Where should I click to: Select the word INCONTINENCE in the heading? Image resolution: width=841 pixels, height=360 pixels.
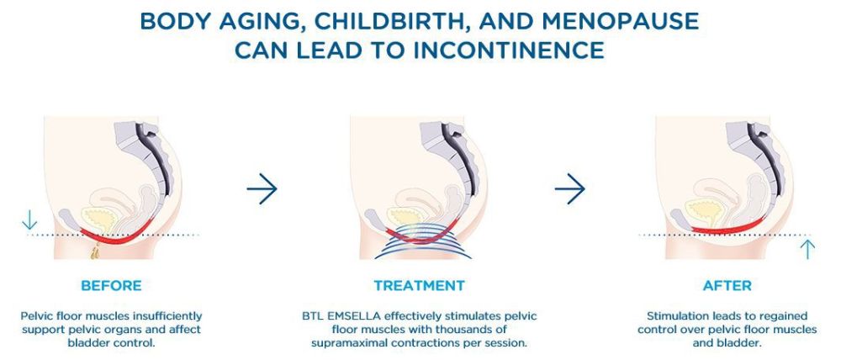click(509, 50)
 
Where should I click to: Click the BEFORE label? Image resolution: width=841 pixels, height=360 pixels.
click(112, 285)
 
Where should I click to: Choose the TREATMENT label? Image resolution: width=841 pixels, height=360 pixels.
click(420, 285)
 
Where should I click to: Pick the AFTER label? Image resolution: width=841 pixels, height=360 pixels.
click(727, 285)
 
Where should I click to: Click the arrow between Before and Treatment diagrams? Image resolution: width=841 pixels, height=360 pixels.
click(262, 189)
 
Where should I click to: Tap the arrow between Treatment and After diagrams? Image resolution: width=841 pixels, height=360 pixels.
click(569, 189)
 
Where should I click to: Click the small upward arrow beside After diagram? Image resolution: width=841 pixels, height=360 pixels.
click(807, 250)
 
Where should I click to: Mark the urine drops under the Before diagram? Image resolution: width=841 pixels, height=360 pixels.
click(96, 251)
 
